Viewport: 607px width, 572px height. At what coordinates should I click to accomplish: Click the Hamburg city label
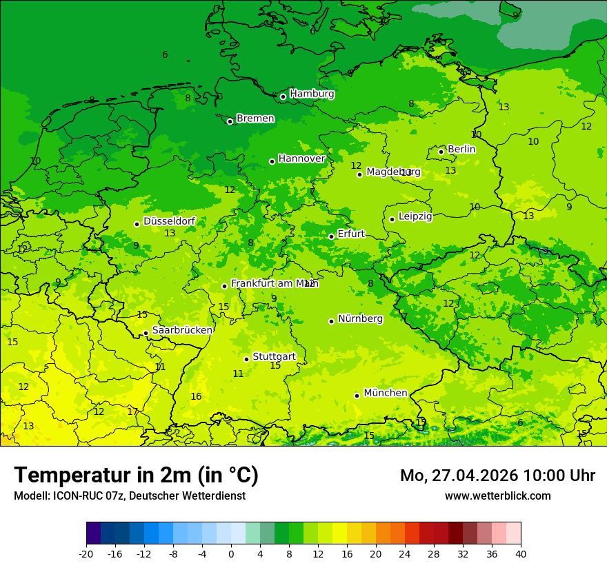coord(312,94)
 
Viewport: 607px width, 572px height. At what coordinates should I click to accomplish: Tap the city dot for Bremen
coord(230,121)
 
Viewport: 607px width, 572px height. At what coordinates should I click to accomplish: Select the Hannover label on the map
coord(301,159)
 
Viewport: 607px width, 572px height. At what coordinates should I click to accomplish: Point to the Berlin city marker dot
coord(441,152)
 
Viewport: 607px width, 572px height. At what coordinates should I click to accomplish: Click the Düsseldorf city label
coord(169,221)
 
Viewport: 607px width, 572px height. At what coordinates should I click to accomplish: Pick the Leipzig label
coord(415,216)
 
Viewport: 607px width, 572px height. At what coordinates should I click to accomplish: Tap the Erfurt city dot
coord(331,236)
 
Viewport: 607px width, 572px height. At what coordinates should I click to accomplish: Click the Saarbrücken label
coord(182,330)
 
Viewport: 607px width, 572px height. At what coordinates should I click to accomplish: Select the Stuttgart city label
coord(274,356)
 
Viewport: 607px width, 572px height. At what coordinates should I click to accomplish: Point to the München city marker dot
coord(357,396)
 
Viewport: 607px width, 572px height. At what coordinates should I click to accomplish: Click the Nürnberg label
coord(360,318)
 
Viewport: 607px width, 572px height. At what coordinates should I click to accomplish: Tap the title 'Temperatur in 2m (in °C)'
coord(136,475)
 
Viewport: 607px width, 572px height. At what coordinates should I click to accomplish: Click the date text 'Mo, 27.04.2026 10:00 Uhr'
coord(497,476)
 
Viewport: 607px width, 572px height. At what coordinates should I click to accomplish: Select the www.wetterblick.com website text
coord(497,496)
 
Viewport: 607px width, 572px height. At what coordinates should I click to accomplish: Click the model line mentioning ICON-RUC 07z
coord(130,496)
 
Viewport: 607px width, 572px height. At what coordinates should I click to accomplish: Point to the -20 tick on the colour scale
coord(86,553)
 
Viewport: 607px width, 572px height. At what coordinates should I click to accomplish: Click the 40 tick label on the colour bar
coord(520,553)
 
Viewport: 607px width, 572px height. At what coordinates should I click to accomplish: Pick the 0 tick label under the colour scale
coord(231,553)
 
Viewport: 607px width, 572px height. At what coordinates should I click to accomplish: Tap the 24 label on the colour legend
coord(404,553)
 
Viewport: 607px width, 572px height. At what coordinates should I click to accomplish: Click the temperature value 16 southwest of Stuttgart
coord(196,396)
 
